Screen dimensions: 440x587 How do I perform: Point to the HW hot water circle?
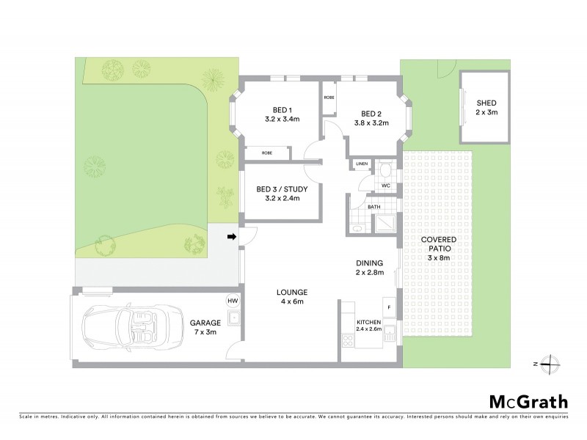(x=233, y=301)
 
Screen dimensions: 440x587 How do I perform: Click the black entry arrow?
(x=232, y=237)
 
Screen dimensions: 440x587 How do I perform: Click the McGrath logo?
(x=528, y=401)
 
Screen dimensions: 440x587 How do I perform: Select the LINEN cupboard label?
(x=362, y=164)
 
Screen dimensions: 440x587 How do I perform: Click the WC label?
(x=384, y=186)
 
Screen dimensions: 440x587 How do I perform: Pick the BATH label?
(x=374, y=208)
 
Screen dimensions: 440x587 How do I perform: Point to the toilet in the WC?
(x=386, y=171)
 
